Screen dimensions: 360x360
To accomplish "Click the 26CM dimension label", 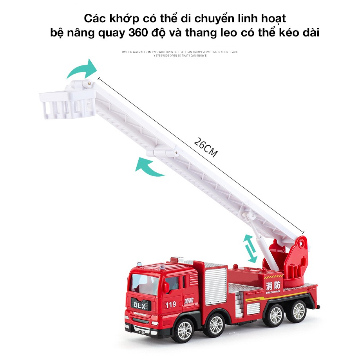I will pyautogui.click(x=205, y=148).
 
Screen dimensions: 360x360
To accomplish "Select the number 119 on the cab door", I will pyautogui.click(x=170, y=304).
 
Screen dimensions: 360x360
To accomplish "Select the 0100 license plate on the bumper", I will pyautogui.click(x=141, y=333).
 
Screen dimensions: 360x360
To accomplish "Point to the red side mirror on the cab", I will pyautogui.click(x=166, y=287).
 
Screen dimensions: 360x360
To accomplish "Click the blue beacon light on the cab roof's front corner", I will pyautogui.click(x=161, y=268).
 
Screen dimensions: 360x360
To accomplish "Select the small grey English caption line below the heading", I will pyautogui.click(x=180, y=52).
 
